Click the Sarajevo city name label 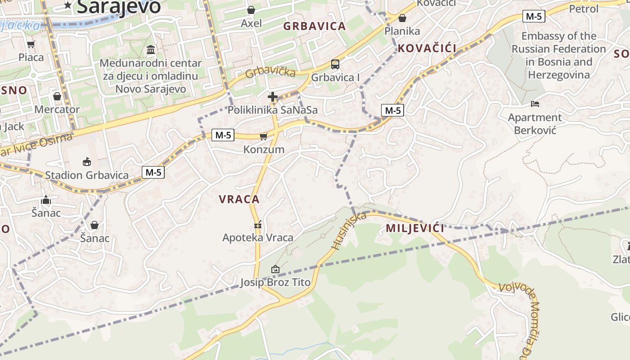click(119, 6)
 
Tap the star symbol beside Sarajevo click(68, 5)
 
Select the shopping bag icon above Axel click(251, 9)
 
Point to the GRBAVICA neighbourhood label click(315, 26)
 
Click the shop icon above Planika click(402, 18)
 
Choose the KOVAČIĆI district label click(427, 49)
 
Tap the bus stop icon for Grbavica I click(335, 64)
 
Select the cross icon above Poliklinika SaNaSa click(273, 96)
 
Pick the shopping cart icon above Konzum click(264, 136)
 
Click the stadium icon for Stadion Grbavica click(87, 162)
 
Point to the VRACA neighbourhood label click(239, 199)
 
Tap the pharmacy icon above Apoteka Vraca click(258, 224)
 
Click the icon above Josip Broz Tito click(275, 269)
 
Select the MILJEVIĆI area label click(415, 228)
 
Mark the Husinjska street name click(349, 231)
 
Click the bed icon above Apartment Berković click(535, 104)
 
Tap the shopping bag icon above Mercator click(57, 96)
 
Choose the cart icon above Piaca click(31, 44)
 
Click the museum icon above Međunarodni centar click(151, 49)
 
